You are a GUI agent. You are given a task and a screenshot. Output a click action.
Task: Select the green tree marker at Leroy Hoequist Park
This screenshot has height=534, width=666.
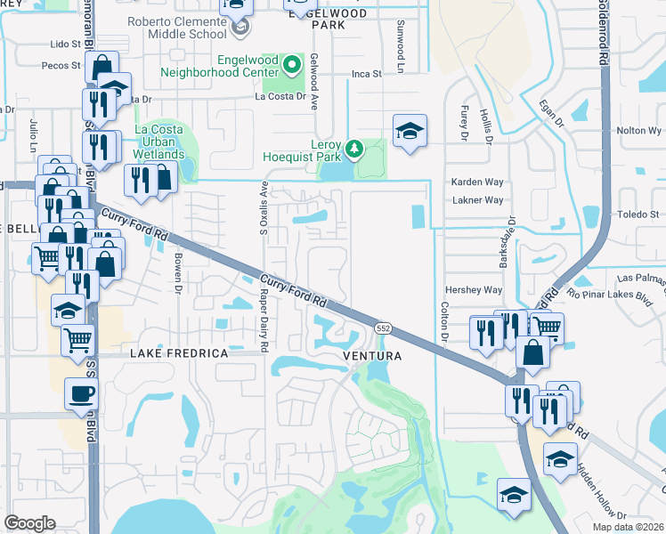pos(354,148)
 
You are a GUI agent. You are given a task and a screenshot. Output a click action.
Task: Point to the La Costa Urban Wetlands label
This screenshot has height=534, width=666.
pos(159,142)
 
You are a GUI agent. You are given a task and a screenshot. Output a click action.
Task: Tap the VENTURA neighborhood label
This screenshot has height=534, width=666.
pos(372,356)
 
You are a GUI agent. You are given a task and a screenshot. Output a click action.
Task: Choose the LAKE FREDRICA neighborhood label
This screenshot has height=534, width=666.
pos(179,353)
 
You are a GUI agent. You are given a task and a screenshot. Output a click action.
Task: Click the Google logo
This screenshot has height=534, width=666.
pos(29,523)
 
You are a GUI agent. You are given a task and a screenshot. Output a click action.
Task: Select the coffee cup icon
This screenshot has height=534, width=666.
pos(82,394)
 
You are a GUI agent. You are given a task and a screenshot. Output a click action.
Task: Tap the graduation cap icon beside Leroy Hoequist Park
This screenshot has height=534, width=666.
pos(409,132)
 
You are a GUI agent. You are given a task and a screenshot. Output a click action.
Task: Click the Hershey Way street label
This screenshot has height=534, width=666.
pos(473,290)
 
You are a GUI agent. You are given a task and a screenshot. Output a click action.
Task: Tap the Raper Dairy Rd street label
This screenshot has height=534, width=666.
pos(264,312)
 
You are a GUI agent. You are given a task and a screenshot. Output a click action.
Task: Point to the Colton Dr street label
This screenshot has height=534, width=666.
pos(443,324)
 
